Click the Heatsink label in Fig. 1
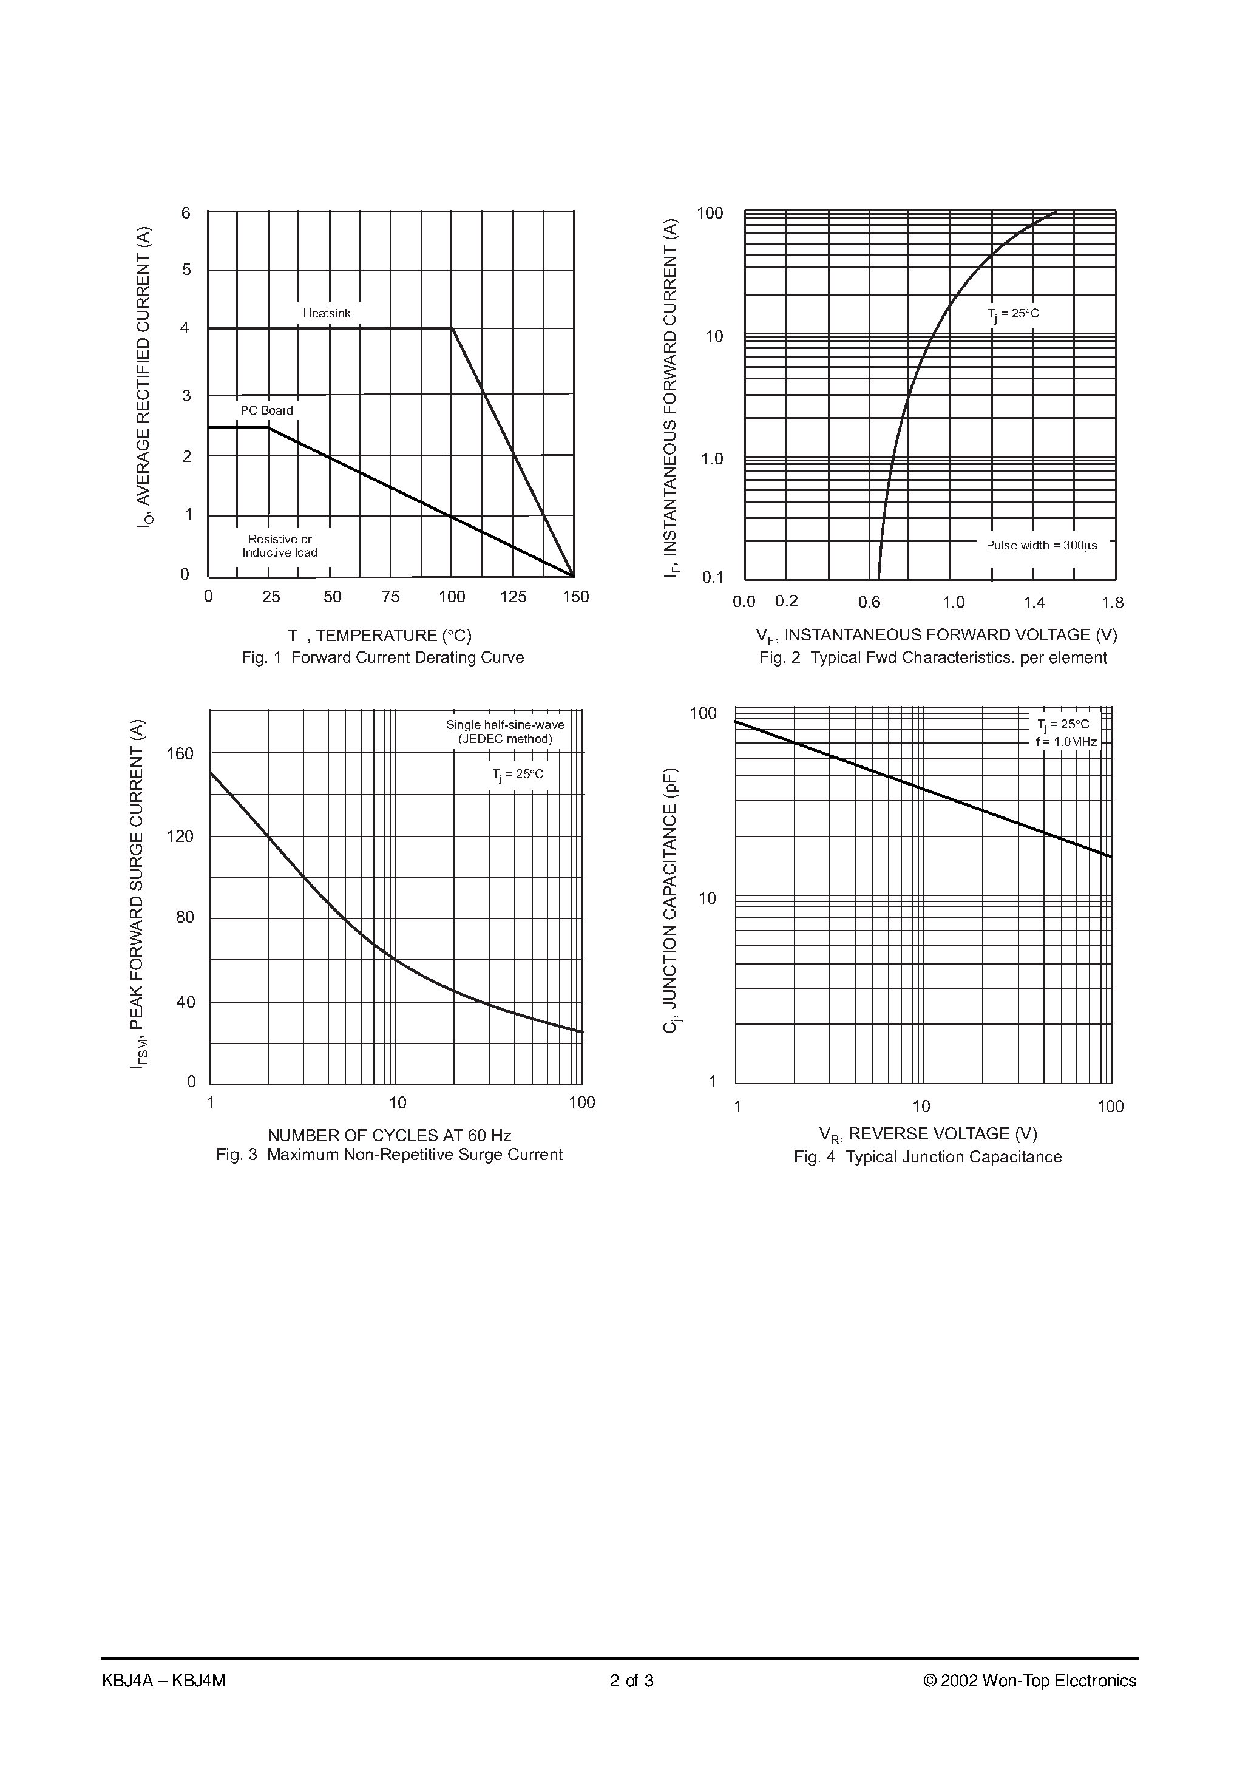[x=327, y=314]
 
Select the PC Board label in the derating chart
[x=266, y=410]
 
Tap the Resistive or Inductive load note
[x=280, y=546]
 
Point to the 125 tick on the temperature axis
[x=513, y=597]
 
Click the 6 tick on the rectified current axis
[x=186, y=213]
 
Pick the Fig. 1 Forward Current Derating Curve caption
[x=382, y=658]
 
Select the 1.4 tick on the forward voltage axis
[x=1034, y=603]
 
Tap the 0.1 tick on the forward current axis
[x=712, y=577]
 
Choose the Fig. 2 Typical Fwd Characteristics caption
[x=932, y=658]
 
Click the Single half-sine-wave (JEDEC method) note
[x=505, y=732]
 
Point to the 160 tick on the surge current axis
[x=180, y=754]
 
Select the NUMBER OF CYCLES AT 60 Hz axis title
[x=389, y=1136]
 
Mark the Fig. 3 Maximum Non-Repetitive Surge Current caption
[x=389, y=1155]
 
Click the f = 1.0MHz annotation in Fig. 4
[x=1066, y=742]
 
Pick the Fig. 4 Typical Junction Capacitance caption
[x=927, y=1157]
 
